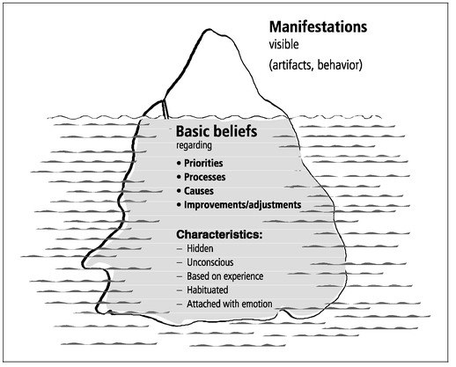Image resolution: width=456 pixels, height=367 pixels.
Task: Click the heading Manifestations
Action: (318, 27)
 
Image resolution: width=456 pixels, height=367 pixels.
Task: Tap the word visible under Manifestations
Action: (283, 45)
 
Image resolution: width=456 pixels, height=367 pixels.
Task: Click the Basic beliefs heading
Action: (217, 131)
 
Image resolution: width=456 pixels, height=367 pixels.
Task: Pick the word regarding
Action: (194, 145)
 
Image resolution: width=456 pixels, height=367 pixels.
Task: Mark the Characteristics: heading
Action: (219, 234)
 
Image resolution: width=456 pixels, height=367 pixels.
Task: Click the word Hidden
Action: (200, 248)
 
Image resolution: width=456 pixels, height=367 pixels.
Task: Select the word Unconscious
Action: (210, 262)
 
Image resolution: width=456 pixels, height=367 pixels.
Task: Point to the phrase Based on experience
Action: (225, 276)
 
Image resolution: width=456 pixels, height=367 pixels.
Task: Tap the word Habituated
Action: (208, 290)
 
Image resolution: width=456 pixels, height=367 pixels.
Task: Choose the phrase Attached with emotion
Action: (230, 304)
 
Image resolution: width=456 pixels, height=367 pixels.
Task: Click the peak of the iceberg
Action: (210, 29)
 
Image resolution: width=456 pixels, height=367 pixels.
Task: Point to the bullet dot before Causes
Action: (179, 191)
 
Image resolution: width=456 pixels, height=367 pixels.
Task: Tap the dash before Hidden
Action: (180, 249)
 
